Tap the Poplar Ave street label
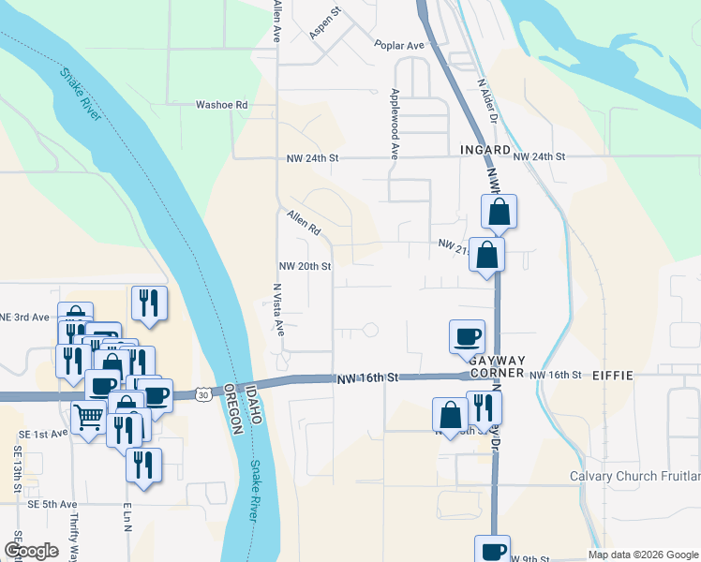point(399,45)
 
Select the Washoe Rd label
point(221,106)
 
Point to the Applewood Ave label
point(395,123)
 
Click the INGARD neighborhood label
point(485,150)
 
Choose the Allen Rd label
point(305,223)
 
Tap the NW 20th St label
point(305,266)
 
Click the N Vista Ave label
point(278,309)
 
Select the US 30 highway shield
point(203,393)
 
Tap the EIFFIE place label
point(613,376)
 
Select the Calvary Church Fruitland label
point(634,476)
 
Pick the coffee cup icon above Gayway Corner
point(467,336)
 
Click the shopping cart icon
point(88,417)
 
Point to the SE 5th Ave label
point(52,504)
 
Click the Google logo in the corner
point(32,551)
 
